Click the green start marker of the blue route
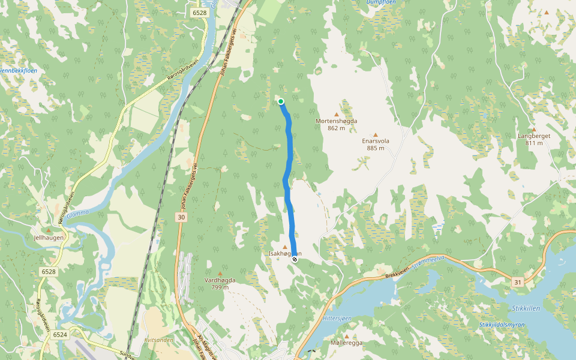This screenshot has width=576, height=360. tap(281, 101)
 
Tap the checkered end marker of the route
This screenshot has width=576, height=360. tap(295, 260)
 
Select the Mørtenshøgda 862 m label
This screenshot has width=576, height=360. tap(337, 124)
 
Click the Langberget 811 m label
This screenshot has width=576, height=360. tap(534, 139)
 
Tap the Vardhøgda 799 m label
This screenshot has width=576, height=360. tap(220, 283)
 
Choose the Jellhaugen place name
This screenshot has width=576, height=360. tap(49, 238)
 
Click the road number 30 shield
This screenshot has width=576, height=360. tap(182, 217)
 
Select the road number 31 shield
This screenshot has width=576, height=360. tap(517, 281)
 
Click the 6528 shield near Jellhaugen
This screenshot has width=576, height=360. tap(49, 272)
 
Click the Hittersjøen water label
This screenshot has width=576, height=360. tap(336, 317)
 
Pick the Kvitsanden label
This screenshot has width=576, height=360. tap(158, 340)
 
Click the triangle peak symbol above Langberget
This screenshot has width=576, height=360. tap(534, 129)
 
